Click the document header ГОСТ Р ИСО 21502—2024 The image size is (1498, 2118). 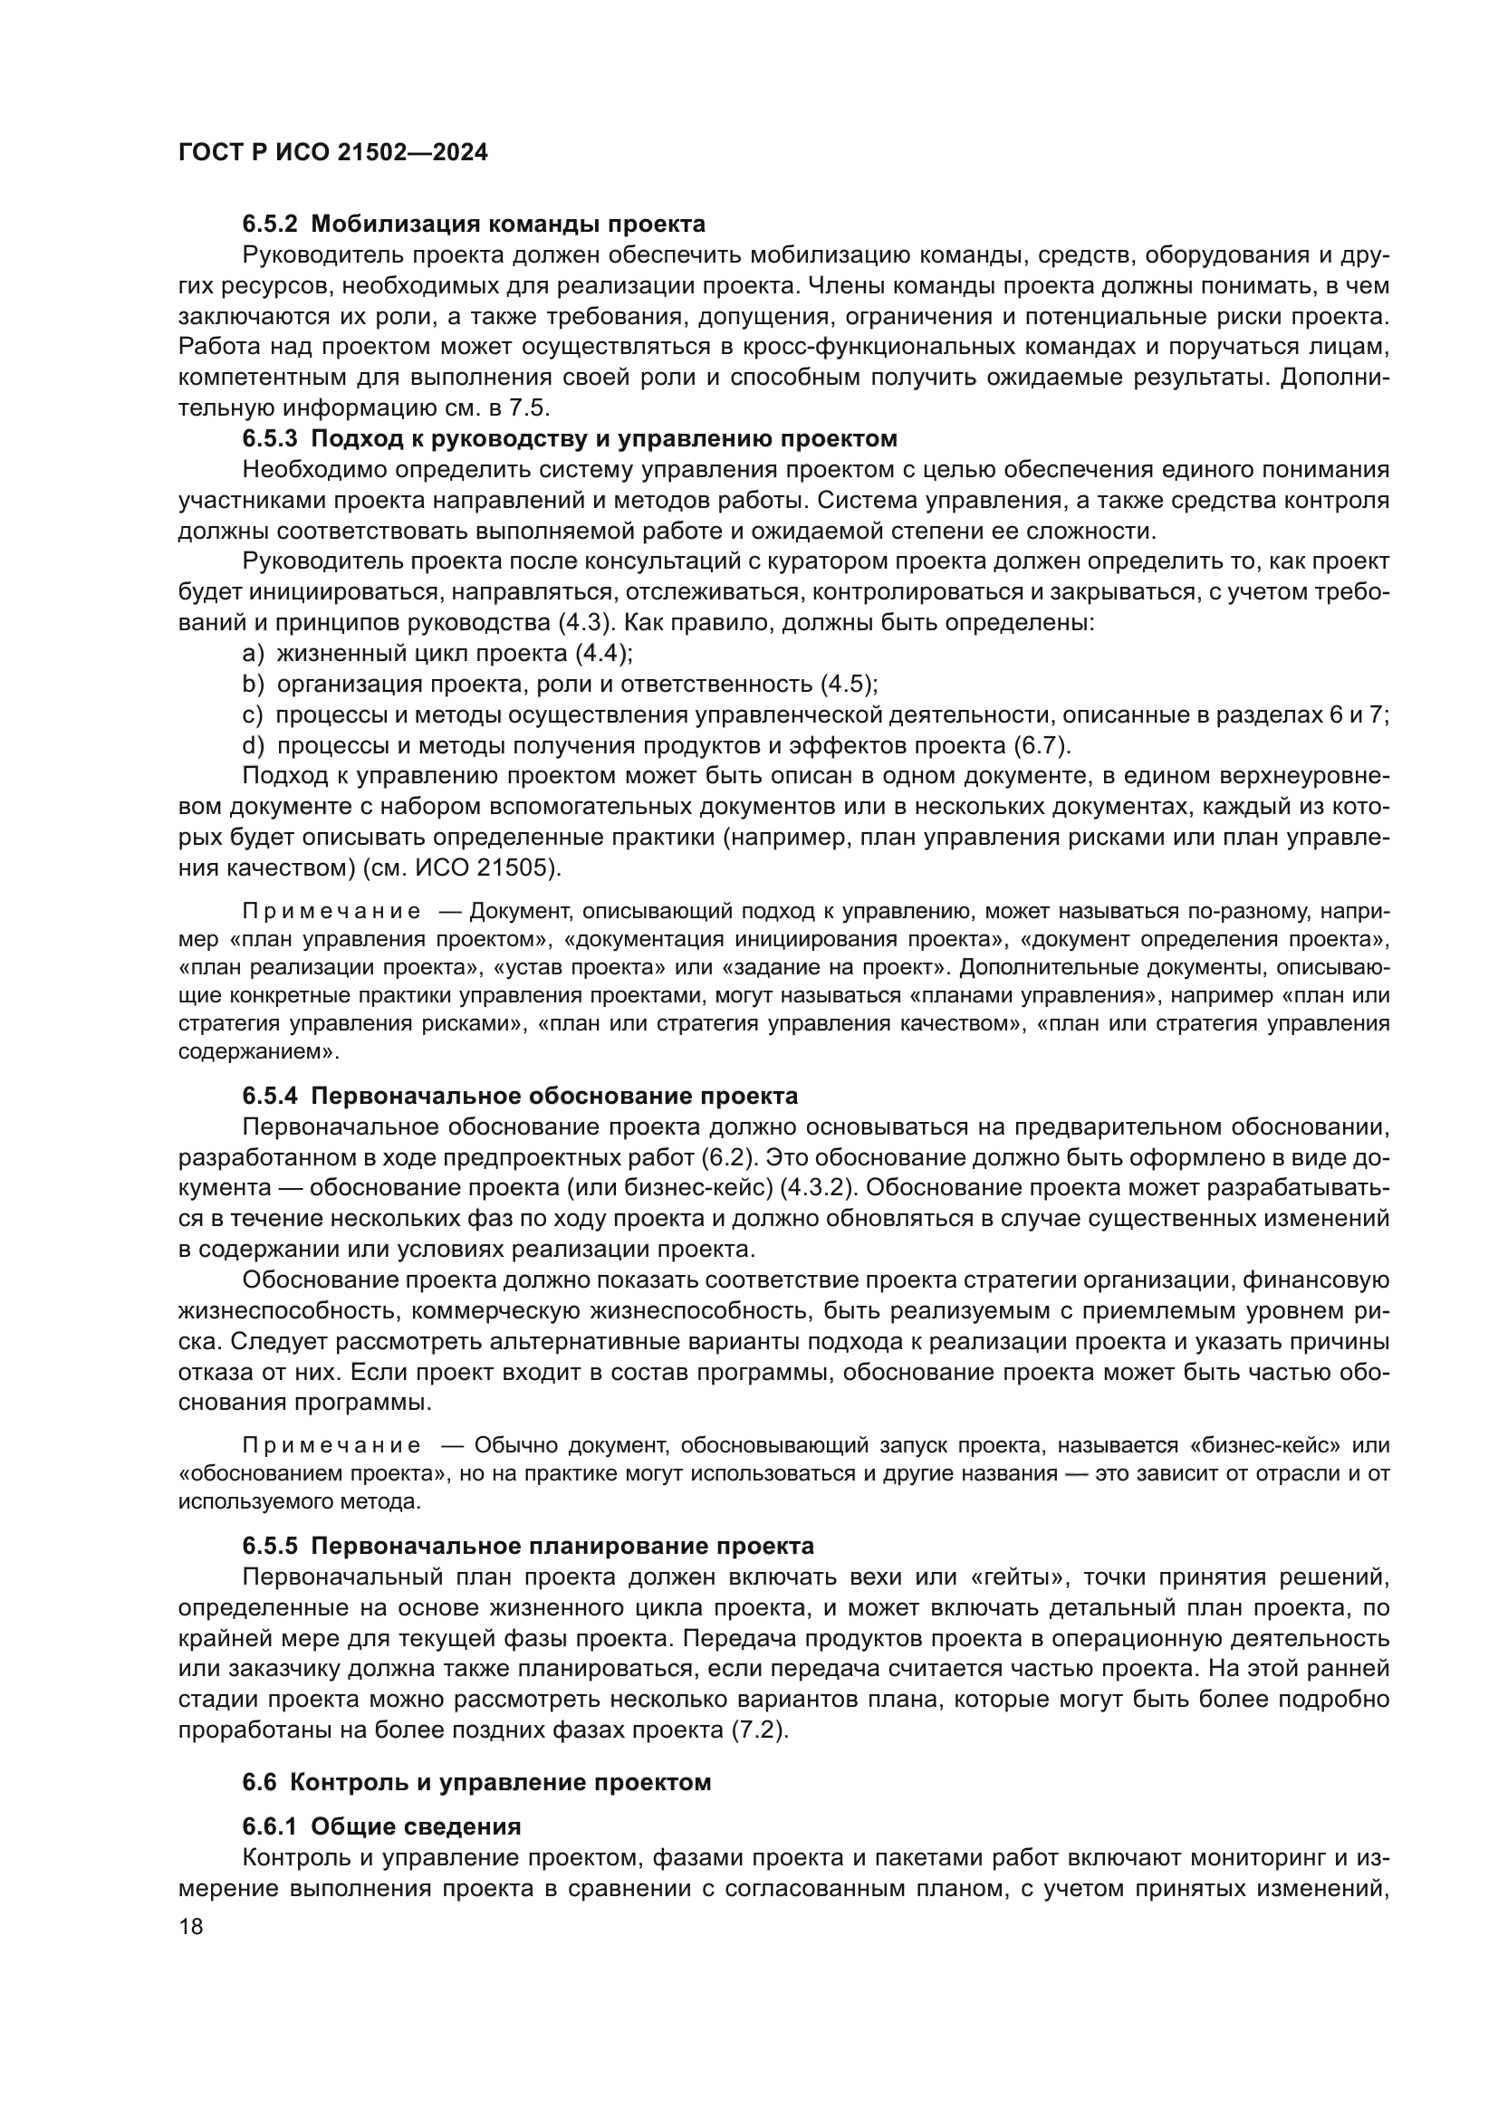(333, 153)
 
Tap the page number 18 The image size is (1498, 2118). (191, 1926)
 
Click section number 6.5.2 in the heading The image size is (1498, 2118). (270, 225)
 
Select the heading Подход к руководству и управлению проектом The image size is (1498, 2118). (604, 438)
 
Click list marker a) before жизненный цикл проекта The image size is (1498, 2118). (253, 654)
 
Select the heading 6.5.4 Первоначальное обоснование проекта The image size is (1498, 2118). (520, 1096)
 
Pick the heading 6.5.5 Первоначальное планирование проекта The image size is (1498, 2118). (529, 1546)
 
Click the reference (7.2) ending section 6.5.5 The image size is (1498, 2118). (759, 1730)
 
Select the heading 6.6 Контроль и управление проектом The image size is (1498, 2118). (477, 1782)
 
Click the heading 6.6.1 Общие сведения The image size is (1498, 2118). (382, 1826)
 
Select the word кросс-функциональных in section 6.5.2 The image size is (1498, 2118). (850, 347)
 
